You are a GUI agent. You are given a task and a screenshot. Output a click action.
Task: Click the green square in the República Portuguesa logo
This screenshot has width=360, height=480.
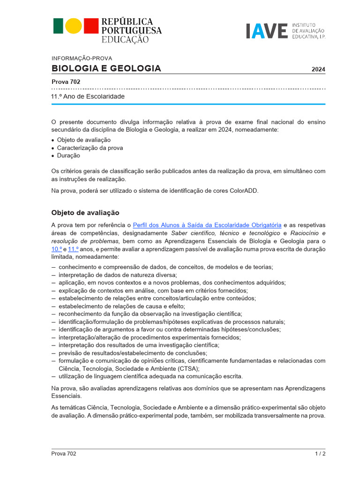(x=58, y=26)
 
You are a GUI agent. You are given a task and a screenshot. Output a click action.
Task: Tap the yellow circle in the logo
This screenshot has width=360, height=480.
(x=74, y=26)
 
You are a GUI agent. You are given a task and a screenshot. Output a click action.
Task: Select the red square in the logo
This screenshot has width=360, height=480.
(x=90, y=26)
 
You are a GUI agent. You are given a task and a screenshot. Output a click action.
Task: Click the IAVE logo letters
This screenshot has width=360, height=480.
(x=266, y=30)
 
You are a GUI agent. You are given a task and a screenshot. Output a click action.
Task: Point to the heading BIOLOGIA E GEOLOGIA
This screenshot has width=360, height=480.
(x=106, y=68)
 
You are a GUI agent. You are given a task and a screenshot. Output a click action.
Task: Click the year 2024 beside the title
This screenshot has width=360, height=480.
(x=318, y=69)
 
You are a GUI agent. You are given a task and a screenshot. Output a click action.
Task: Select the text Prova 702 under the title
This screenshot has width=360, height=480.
(x=66, y=82)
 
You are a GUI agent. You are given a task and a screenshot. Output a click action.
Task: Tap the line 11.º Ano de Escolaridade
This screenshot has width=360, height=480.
(x=88, y=96)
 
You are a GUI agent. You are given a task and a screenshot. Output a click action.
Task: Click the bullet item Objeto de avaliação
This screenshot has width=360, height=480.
(x=84, y=140)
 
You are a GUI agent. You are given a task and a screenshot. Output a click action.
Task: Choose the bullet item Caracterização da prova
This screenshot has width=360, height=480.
(x=90, y=148)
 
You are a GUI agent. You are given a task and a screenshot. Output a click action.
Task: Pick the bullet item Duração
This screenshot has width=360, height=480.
(x=68, y=155)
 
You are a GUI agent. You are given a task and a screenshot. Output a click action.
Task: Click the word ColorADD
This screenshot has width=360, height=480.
(x=244, y=191)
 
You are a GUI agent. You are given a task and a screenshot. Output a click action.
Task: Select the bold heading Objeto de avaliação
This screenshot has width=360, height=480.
(x=85, y=212)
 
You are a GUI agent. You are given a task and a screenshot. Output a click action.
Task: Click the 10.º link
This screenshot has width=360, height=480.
(x=56, y=249)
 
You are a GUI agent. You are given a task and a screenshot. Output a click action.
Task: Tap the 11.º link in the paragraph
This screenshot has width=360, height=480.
(x=73, y=249)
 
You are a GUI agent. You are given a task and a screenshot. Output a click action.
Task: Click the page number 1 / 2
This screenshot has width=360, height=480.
(x=320, y=453)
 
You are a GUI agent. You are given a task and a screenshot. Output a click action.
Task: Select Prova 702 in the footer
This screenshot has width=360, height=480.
(x=64, y=453)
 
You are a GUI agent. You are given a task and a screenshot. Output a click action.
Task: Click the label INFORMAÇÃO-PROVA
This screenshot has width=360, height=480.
(x=82, y=59)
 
